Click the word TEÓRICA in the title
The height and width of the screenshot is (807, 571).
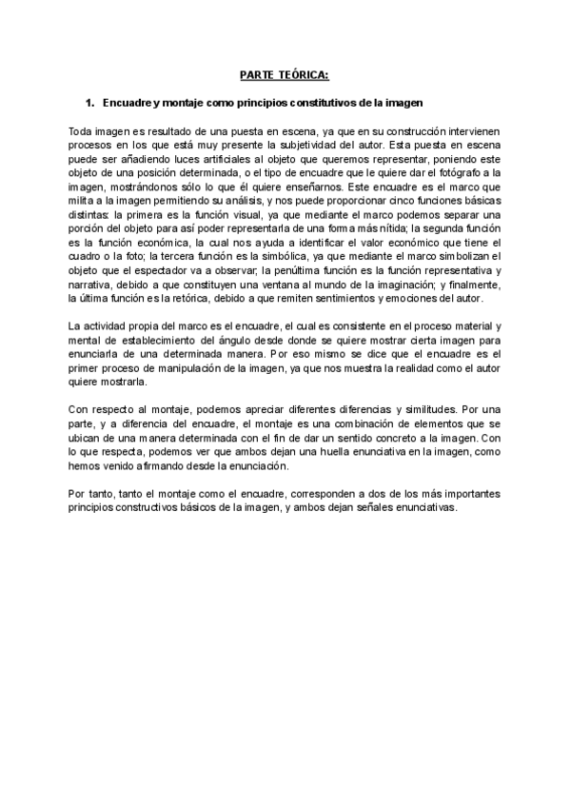coord(307,74)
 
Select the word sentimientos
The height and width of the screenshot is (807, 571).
coord(336,298)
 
